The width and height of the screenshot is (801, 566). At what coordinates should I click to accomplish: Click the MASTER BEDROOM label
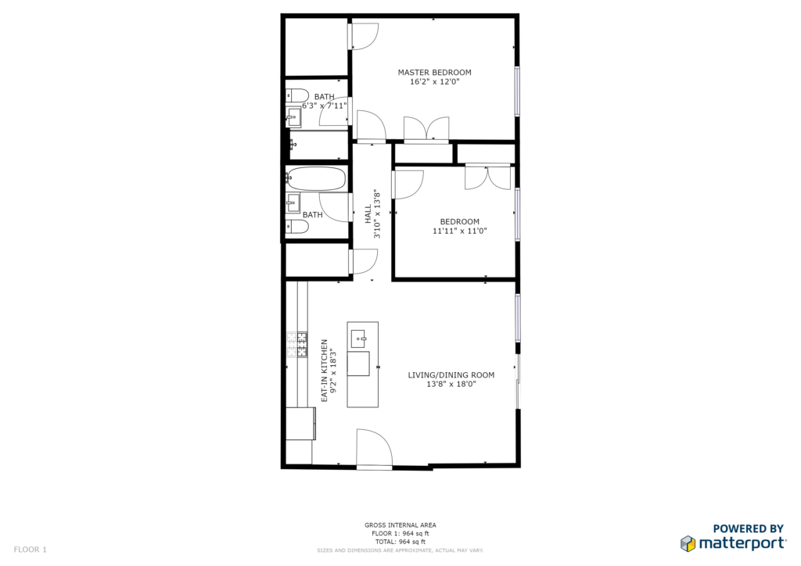[x=434, y=73]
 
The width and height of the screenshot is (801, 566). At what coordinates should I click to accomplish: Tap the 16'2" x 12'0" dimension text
[x=435, y=81]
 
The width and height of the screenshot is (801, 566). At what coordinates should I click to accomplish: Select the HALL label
[x=368, y=214]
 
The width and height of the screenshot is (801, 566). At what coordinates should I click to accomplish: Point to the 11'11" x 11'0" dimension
[x=460, y=231]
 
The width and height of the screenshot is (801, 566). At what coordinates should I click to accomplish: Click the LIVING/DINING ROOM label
[x=451, y=375]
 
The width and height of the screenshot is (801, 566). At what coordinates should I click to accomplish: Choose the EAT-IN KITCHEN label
[x=325, y=371]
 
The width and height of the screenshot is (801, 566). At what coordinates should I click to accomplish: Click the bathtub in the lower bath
[x=316, y=178]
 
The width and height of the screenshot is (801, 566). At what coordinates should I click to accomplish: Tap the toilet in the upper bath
[x=296, y=95]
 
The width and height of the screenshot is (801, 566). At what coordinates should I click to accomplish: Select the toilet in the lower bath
[x=296, y=227]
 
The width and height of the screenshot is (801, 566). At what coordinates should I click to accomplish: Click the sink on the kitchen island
[x=358, y=339]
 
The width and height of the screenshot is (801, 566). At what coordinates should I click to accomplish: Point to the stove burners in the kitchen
[x=297, y=345]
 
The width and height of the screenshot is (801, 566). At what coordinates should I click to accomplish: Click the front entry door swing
[x=374, y=448]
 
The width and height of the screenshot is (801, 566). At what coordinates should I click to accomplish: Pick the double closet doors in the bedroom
[x=487, y=177]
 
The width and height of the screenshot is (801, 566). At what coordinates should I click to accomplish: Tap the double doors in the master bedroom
[x=426, y=129]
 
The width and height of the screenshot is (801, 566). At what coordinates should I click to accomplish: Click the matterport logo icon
[x=688, y=543]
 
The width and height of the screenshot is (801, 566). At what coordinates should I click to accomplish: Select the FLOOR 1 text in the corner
[x=31, y=550]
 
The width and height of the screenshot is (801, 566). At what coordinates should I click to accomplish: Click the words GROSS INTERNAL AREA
[x=400, y=525]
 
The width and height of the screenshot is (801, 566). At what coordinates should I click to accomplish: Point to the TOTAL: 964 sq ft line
[x=400, y=542]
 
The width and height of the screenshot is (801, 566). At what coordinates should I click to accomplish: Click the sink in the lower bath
[x=293, y=202]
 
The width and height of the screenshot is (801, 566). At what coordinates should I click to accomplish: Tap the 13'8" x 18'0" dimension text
[x=451, y=385]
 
